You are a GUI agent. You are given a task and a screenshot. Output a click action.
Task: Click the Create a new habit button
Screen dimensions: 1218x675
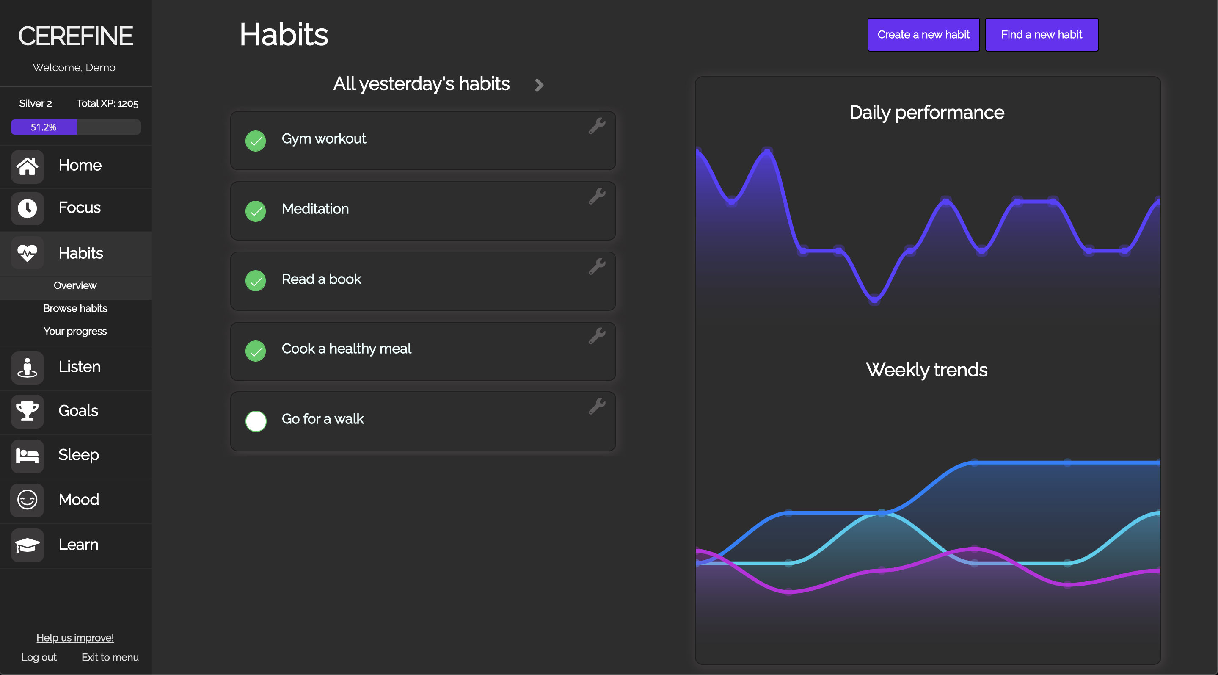click(923, 35)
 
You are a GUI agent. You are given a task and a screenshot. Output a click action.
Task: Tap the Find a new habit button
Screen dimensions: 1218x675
click(1042, 35)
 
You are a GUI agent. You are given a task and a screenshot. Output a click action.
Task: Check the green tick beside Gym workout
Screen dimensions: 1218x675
click(256, 141)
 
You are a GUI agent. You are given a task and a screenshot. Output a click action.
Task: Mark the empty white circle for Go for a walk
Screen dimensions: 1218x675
click(256, 421)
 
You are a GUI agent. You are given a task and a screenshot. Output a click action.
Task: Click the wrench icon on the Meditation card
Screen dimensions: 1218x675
click(597, 196)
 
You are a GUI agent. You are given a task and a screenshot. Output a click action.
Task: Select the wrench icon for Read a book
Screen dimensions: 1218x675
click(597, 266)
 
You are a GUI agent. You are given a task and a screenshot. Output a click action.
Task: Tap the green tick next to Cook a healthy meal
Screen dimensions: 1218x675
click(256, 351)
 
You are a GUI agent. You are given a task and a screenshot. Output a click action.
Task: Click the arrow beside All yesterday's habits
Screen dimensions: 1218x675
click(539, 85)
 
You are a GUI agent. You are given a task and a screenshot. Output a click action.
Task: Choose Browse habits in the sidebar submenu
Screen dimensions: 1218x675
click(75, 308)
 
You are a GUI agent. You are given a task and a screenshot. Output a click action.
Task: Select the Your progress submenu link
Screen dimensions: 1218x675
click(75, 331)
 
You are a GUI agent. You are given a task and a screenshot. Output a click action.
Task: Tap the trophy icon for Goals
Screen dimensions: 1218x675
click(28, 411)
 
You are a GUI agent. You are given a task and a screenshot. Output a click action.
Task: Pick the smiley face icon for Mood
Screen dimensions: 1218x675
click(28, 500)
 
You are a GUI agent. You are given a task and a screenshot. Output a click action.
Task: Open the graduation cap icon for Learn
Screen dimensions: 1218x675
click(28, 545)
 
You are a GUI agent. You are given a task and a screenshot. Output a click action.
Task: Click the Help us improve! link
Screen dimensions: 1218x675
click(75, 638)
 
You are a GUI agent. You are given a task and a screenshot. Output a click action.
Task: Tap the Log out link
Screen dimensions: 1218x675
click(39, 657)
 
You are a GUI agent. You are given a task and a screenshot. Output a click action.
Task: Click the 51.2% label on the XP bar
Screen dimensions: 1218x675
click(44, 127)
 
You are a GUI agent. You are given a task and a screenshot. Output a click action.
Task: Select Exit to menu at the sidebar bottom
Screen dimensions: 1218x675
click(110, 657)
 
